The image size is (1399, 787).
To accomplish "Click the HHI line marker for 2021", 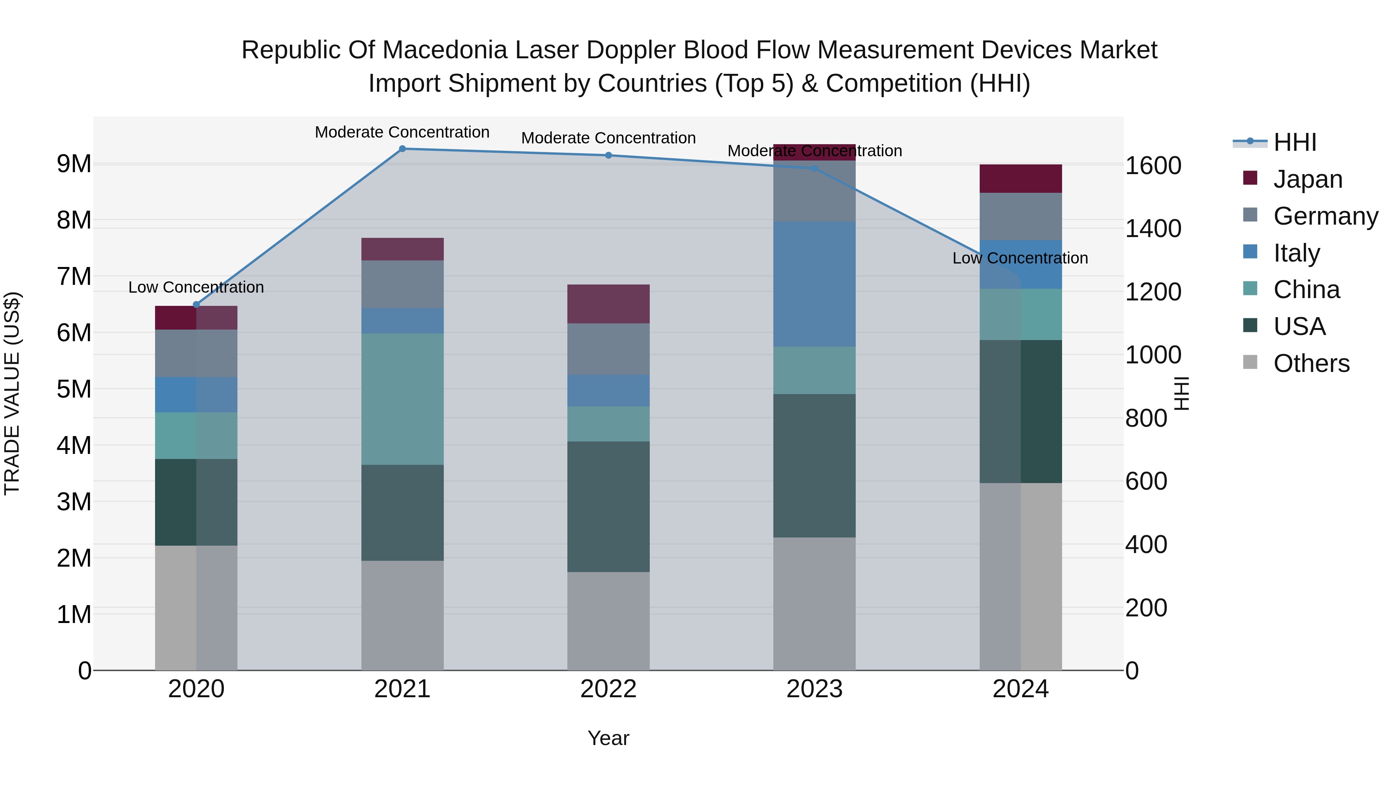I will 403,149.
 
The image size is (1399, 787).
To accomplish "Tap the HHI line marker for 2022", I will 608,155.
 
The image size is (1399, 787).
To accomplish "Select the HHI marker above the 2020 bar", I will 197,305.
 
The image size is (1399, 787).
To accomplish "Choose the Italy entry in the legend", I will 1296,253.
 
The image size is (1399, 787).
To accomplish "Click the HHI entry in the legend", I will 1294,142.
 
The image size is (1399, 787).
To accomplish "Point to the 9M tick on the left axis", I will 74,164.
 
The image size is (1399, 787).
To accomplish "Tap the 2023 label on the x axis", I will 814,689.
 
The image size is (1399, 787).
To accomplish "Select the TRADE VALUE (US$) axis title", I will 12,393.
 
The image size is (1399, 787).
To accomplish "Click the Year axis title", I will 608,738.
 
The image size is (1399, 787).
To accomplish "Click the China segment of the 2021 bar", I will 403,399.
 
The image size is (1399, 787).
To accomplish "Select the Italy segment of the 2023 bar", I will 814,284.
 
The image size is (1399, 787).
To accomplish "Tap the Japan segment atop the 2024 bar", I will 1020,179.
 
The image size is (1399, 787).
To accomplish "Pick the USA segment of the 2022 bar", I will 608,507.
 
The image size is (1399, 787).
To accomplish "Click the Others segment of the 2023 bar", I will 814,604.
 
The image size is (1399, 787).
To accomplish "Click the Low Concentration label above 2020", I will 196,287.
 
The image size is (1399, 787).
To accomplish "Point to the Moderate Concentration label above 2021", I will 403,133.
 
